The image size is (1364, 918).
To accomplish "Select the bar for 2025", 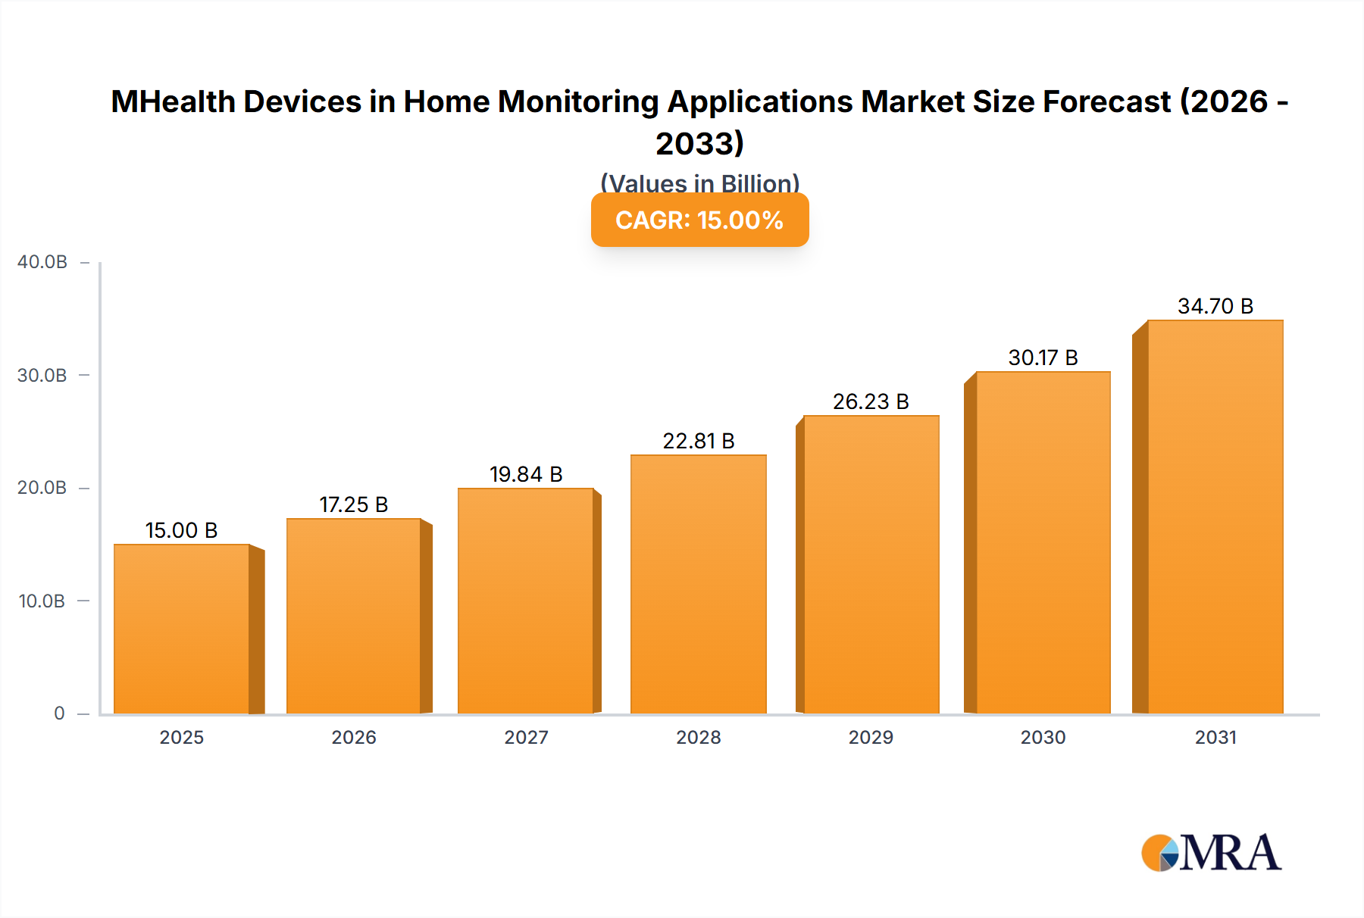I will tap(182, 629).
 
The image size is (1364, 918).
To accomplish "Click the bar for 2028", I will tap(699, 584).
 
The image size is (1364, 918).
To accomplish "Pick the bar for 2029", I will tap(871, 564).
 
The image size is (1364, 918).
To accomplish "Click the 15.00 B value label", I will tap(182, 530).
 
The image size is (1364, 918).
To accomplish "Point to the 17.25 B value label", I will tap(354, 504).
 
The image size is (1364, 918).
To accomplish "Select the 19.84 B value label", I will tap(526, 474).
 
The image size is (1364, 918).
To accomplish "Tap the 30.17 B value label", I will tap(1043, 358).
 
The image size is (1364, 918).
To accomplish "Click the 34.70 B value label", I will tap(1215, 306).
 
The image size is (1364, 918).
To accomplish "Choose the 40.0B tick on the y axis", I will tap(42, 262).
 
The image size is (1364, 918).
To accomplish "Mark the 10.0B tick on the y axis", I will tap(42, 601).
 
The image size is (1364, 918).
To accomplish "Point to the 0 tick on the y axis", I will tap(59, 713).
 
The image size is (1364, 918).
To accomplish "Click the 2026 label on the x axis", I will tap(354, 737).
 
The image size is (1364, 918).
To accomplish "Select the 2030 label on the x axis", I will tap(1043, 737).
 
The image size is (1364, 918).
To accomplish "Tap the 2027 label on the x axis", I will tap(526, 737).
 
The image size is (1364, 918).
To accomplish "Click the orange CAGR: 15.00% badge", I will tap(699, 220).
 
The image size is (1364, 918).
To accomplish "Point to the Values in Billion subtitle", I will tap(699, 183).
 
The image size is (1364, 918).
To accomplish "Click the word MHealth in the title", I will tap(174, 101).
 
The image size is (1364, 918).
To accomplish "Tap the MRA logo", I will tap(1211, 853).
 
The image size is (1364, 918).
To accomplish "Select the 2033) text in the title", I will tap(699, 143).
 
